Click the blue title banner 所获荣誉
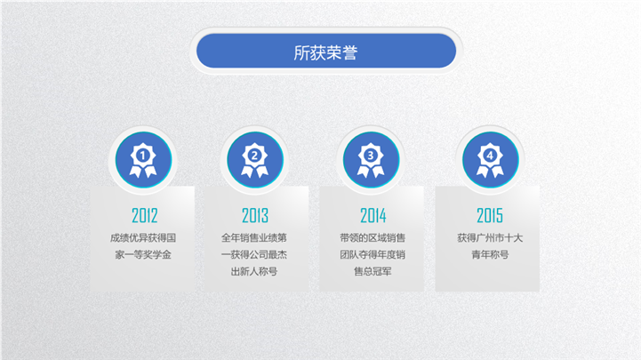[x=326, y=51]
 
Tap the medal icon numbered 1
[x=143, y=160]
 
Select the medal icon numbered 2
[x=254, y=160]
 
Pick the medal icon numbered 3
[x=371, y=160]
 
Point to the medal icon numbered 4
[x=490, y=160]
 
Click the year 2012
[x=144, y=215]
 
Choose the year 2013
[x=255, y=215]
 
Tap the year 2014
[x=373, y=215]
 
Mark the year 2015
[x=490, y=215]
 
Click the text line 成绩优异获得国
[x=143, y=238]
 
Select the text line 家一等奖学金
[x=143, y=254]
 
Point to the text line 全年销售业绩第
[x=254, y=238]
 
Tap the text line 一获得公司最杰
[x=254, y=254]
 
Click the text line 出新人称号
[x=254, y=271]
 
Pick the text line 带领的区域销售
[x=373, y=238]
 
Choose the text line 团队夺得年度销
[x=373, y=254]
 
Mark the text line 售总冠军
[x=373, y=271]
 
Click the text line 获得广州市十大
[x=490, y=238]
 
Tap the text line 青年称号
[x=490, y=254]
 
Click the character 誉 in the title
[x=350, y=52]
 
